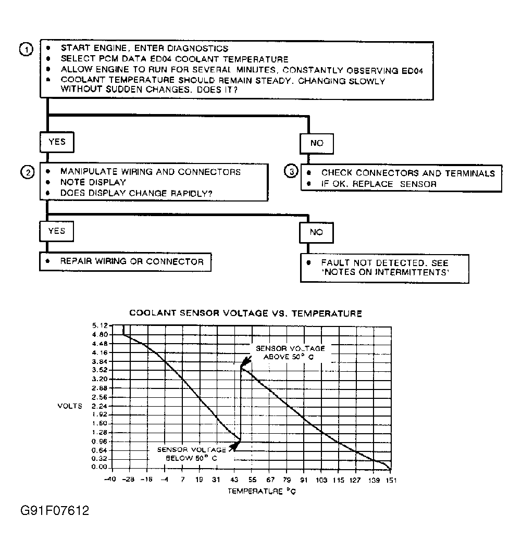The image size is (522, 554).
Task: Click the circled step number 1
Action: pos(26,49)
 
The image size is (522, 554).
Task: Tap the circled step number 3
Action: pos(292,172)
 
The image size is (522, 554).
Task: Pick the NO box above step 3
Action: pos(317,143)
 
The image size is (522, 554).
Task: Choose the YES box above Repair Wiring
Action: pos(56,231)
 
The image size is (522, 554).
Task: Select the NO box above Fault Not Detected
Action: pos(317,232)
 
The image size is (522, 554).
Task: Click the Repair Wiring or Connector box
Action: pos(125,261)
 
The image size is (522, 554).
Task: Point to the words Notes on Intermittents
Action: pos(384,273)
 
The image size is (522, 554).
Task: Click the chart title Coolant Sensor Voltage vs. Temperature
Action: pos(245,313)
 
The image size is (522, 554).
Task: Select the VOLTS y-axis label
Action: pos(70,406)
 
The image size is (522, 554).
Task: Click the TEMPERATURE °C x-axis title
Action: pos(262,490)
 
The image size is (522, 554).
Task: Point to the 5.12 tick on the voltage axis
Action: pos(98,325)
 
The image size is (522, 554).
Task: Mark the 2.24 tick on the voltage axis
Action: pos(98,406)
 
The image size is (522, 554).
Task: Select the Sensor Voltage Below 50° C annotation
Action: pos(191,454)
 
